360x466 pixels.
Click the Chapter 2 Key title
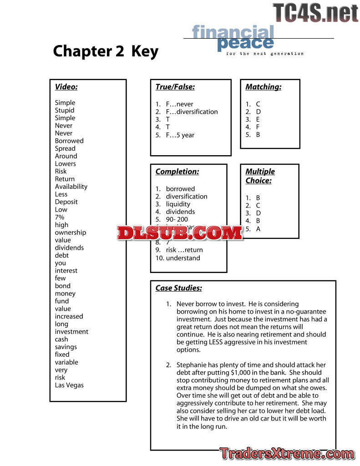click(106, 51)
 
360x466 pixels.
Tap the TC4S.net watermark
click(315, 12)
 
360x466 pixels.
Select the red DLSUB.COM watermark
click(180, 233)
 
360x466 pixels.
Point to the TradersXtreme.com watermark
click(287, 454)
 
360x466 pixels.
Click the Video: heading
click(66, 87)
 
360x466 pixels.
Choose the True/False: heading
click(175, 87)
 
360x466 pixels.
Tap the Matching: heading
click(264, 87)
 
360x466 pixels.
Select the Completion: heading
click(177, 172)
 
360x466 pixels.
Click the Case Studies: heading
click(179, 288)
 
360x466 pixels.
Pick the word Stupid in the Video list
click(65, 110)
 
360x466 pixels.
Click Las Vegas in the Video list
click(69, 385)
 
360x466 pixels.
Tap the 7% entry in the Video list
click(60, 217)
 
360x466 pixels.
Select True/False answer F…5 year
click(180, 135)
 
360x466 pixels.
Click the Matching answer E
click(258, 119)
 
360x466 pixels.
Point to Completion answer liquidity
click(178, 204)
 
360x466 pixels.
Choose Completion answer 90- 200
click(177, 219)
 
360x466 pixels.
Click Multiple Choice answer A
click(258, 229)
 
